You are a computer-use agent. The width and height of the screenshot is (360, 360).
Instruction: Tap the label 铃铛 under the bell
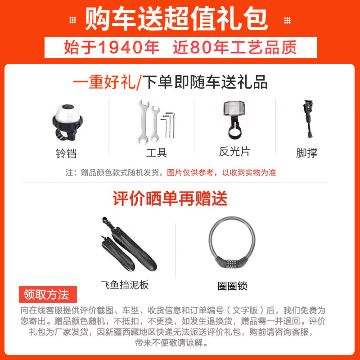click(x=66, y=153)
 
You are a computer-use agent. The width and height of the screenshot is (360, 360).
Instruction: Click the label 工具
click(x=156, y=153)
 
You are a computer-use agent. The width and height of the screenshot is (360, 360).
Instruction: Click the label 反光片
click(x=234, y=152)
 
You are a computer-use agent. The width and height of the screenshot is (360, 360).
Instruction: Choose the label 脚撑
click(x=306, y=153)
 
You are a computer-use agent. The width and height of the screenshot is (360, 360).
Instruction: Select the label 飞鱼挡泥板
click(x=125, y=285)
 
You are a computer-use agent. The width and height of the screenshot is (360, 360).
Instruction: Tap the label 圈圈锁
click(x=232, y=286)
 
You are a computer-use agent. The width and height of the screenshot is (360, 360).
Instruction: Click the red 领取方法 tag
click(x=47, y=295)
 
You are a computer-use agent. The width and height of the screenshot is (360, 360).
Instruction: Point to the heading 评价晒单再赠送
click(x=170, y=198)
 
